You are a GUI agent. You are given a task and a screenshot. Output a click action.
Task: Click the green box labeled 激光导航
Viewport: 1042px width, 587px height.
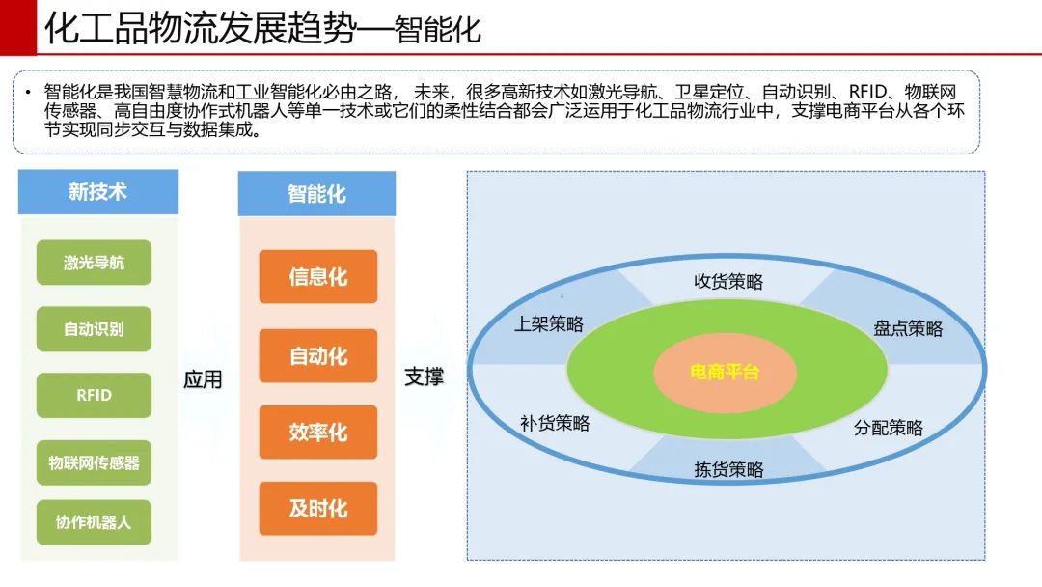pos(94,263)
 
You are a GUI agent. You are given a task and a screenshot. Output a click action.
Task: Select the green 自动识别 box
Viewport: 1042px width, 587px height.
pos(94,329)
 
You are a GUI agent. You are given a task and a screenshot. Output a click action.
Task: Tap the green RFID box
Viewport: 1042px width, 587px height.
pos(94,396)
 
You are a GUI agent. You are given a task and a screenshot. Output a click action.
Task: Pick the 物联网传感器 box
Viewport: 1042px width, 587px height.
pos(94,462)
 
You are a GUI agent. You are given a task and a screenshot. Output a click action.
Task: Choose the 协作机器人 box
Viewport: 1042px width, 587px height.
pos(94,522)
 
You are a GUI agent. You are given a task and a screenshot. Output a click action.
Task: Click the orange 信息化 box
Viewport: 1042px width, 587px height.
pos(318,276)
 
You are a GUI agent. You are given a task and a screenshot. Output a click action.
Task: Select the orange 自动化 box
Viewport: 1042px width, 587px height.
pos(318,355)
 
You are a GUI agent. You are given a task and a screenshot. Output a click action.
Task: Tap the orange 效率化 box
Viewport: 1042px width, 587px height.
pos(318,433)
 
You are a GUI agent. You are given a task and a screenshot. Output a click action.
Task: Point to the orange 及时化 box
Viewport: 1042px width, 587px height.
pos(318,509)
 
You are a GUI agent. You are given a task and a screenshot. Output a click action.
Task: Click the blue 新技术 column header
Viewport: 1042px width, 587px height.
pos(98,192)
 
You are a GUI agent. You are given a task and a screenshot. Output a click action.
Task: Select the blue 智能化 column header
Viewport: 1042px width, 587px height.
pos(317,194)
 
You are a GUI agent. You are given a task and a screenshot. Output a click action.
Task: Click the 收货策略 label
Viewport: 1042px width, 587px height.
pos(728,282)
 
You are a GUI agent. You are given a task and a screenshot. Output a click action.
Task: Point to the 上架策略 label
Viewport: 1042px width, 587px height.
pos(549,323)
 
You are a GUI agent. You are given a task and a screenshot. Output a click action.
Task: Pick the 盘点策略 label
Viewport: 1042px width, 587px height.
pos(908,328)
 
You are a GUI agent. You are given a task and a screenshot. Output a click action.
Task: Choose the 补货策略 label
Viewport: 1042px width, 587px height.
pos(555,424)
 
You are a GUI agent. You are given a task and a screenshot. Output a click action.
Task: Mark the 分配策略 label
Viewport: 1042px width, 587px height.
pos(889,428)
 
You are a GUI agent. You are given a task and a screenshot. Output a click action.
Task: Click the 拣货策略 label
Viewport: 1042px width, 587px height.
pos(728,470)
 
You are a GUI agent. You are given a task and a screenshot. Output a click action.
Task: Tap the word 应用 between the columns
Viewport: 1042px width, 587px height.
pos(203,379)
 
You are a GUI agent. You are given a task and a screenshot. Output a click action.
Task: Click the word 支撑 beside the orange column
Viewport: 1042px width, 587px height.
pos(424,377)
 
